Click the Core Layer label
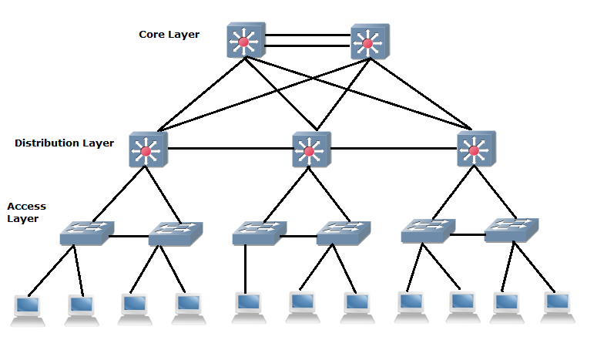click(x=169, y=35)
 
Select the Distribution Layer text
click(x=64, y=143)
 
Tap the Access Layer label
click(x=26, y=213)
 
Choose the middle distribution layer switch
click(x=310, y=150)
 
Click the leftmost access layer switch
click(x=86, y=233)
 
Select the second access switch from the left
click(x=174, y=233)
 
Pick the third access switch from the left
click(x=258, y=233)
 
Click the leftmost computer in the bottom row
click(x=29, y=308)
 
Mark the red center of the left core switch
click(x=245, y=43)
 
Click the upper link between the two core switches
click(x=307, y=35)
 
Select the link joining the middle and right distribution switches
click(x=392, y=148)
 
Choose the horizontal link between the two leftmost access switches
click(x=129, y=236)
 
